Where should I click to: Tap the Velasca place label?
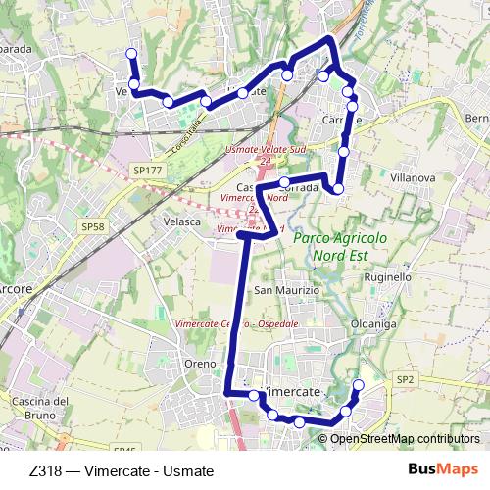coord(180,221)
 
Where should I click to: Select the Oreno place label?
coord(200,364)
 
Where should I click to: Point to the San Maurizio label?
coord(287,291)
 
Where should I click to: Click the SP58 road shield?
coord(93,227)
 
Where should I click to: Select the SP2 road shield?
coord(406,378)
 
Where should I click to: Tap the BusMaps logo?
coord(443,469)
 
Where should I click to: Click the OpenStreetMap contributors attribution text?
coord(405,439)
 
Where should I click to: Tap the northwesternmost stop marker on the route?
coord(132,53)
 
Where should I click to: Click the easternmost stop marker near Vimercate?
coord(358,385)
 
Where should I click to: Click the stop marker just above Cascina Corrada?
coord(285,182)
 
